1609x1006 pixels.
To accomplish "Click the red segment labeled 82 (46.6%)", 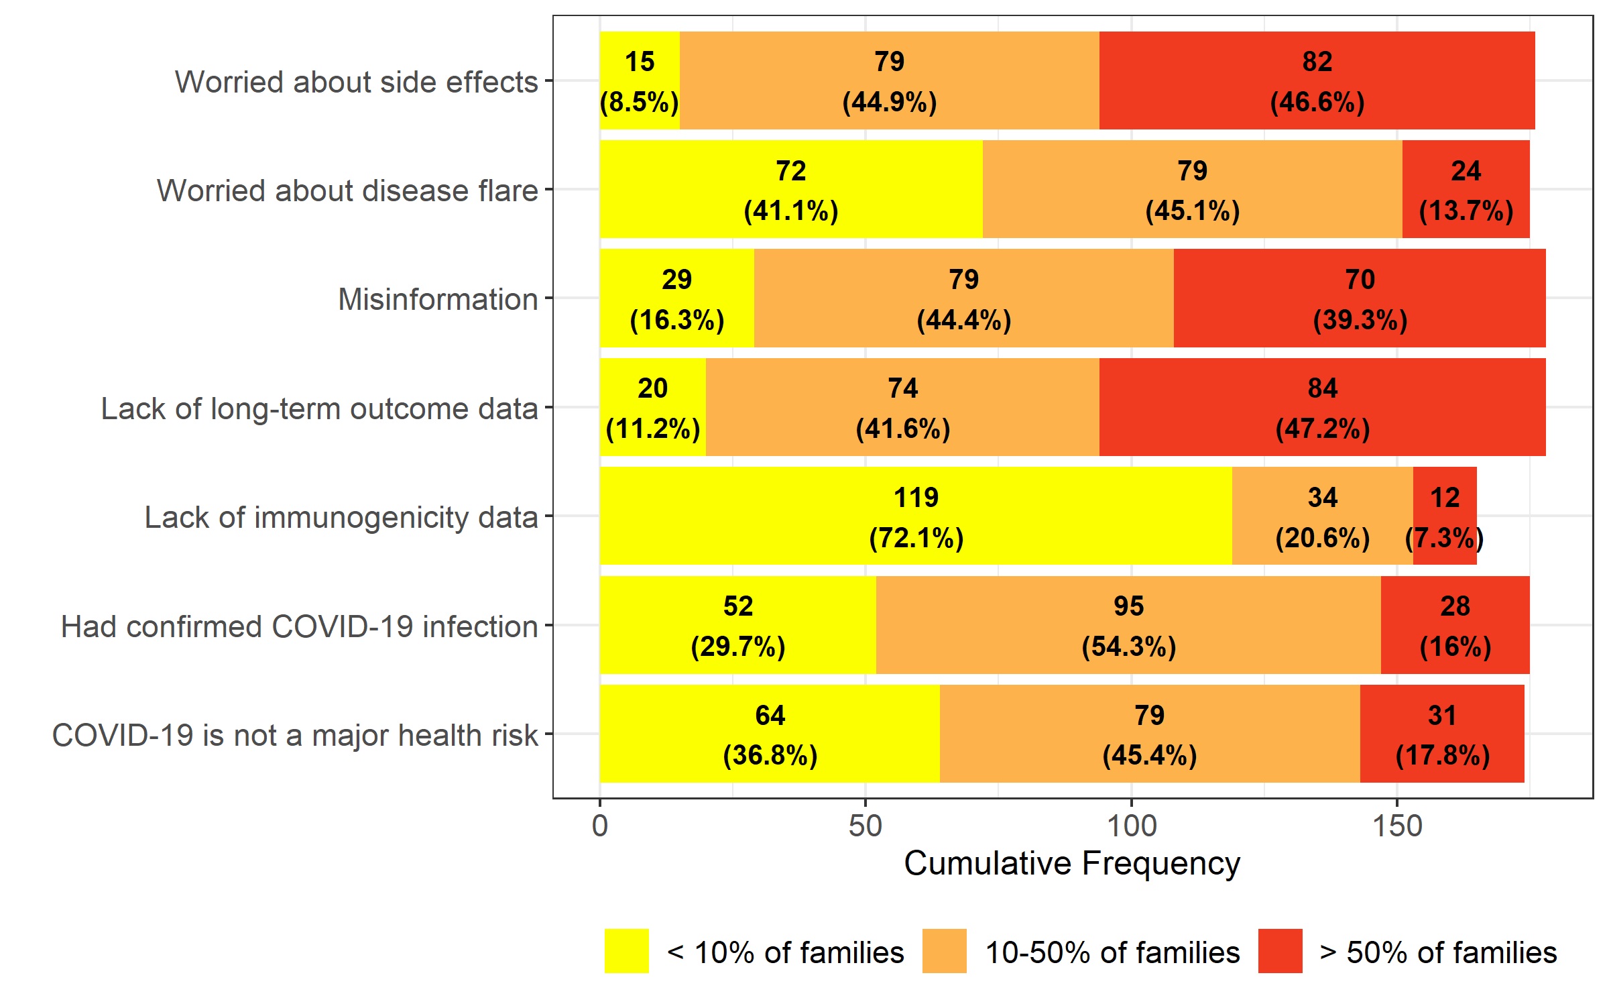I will (x=1317, y=80).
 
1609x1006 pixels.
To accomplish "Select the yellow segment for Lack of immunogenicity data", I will (x=916, y=516).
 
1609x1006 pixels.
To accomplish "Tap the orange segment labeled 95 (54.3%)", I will (x=1128, y=625).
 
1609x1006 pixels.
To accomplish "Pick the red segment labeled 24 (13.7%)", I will (x=1466, y=189).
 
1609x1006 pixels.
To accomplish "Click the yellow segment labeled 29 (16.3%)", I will (x=676, y=298).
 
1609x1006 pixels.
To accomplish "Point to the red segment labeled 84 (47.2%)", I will (x=1322, y=407).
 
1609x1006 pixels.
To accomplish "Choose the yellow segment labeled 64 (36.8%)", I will (x=770, y=734).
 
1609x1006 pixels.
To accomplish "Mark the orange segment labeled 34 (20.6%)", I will (x=1322, y=516).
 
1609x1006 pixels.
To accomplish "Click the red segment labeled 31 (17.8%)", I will (x=1442, y=734).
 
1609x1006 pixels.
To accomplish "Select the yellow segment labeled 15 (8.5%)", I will (x=640, y=80).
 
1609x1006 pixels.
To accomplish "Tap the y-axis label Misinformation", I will (x=438, y=299).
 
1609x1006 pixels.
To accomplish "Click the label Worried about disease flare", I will (x=347, y=190).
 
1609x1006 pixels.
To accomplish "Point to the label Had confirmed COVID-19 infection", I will (x=299, y=626).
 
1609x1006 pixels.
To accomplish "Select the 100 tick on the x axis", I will (x=1132, y=826).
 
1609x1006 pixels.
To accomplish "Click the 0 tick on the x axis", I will (x=600, y=826).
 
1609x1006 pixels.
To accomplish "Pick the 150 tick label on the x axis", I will (x=1397, y=826).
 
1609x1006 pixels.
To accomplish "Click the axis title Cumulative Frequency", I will (x=1072, y=864).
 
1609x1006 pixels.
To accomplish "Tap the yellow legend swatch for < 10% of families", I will (x=626, y=951).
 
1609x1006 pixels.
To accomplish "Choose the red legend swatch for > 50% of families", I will (x=1280, y=951).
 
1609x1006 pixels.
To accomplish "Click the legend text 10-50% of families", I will (x=1112, y=952).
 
